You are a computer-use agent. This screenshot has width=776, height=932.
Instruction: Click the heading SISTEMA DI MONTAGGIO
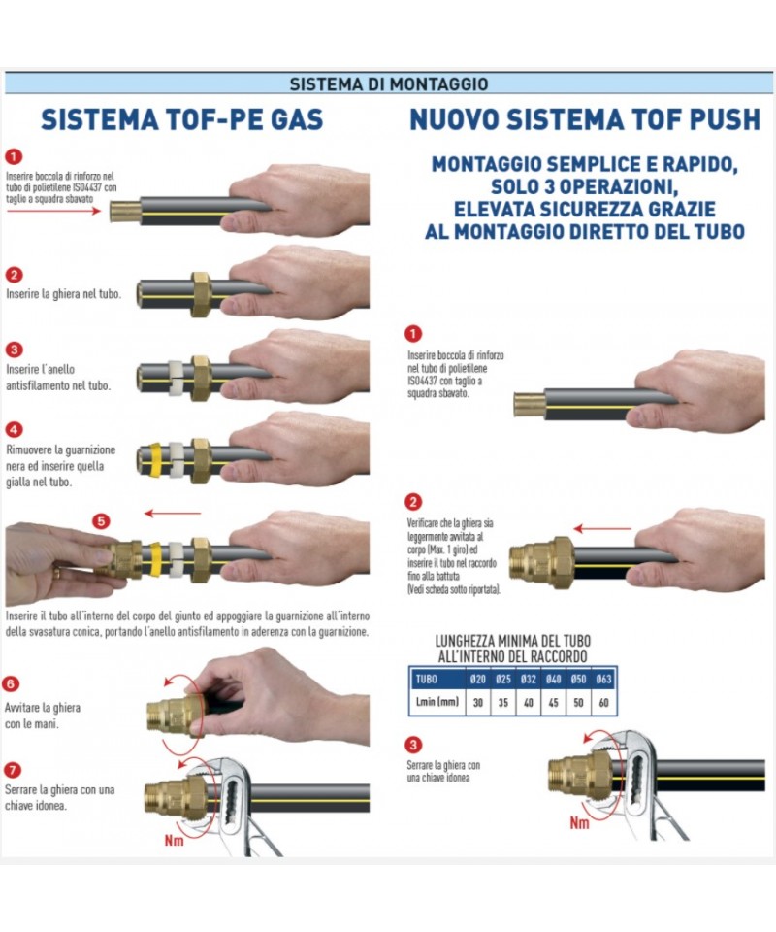point(389,83)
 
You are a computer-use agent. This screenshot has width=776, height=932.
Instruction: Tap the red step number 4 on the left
point(14,429)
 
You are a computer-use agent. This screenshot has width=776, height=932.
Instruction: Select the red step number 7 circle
point(13,770)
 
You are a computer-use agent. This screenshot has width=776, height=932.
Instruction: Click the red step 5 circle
point(101,521)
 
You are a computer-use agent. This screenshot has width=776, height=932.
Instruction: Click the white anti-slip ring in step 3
point(176,378)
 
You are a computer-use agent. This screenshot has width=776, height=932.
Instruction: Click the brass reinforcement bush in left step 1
point(125,211)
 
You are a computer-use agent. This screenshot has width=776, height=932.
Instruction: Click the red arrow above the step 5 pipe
point(173,513)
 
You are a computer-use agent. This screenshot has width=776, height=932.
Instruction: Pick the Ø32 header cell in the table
point(528,679)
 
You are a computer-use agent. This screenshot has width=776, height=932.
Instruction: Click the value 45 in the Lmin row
point(553,703)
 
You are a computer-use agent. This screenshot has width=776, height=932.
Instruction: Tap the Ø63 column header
point(603,679)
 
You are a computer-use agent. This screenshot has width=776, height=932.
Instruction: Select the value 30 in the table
point(478,703)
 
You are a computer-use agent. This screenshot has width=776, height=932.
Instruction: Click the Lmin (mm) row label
point(437,702)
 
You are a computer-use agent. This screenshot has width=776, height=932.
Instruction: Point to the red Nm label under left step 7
point(174,840)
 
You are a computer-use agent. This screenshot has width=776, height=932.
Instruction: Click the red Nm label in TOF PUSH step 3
point(579,822)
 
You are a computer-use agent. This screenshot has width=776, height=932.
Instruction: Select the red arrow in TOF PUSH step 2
point(602,528)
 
